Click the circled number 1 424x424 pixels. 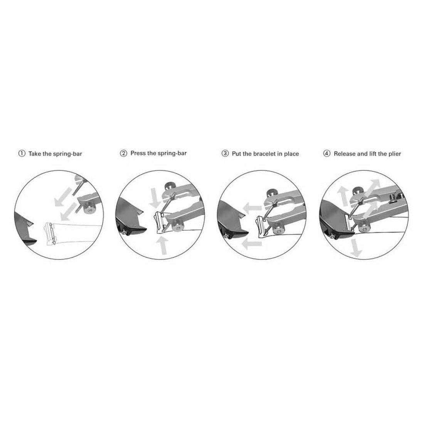click(21, 153)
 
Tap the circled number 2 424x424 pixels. click(123, 153)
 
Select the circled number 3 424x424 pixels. click(225, 153)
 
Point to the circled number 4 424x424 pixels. click(326, 153)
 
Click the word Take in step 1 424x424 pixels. click(35, 154)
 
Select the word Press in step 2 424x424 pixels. click(138, 153)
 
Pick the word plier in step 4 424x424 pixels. click(395, 154)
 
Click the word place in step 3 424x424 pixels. click(291, 154)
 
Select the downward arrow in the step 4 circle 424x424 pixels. click(355, 248)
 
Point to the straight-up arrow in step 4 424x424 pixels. click(343, 195)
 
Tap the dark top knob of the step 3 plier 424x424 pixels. click(272, 193)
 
